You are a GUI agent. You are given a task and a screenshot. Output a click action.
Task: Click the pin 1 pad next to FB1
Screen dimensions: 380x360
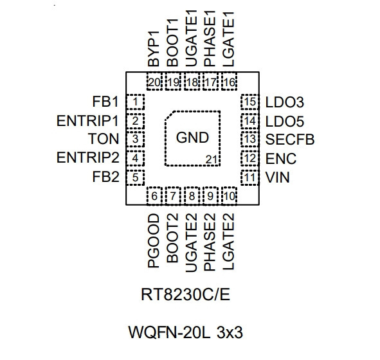pos(136,102)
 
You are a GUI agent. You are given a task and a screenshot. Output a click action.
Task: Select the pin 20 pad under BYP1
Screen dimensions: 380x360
pos(154,82)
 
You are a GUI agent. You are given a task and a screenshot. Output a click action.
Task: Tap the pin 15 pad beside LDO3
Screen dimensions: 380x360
pos(250,102)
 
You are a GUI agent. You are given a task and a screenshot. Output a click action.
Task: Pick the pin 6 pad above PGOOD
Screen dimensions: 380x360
pos(154,195)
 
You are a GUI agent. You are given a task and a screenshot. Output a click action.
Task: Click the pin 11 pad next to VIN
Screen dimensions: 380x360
pos(250,177)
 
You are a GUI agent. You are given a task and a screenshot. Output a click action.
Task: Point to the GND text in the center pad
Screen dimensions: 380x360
pos(192,138)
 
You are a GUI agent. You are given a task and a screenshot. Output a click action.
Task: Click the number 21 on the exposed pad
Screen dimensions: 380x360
pos(211,159)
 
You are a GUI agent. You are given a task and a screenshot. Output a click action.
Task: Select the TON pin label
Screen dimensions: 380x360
pos(104,139)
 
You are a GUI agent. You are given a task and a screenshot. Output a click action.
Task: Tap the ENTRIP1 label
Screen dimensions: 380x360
pos(87,120)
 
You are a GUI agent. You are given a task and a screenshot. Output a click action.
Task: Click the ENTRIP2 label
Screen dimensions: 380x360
pos(87,157)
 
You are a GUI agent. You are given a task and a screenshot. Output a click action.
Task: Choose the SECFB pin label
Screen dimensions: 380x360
pos(290,139)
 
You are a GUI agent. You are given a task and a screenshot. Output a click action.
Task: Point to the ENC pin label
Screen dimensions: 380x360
pos(281,158)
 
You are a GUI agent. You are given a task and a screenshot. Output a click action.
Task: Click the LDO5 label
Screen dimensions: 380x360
pos(284,121)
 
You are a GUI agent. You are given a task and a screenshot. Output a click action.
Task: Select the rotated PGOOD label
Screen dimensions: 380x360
pos(154,241)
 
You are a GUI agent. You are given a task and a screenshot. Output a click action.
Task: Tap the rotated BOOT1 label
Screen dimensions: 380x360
pos(172,42)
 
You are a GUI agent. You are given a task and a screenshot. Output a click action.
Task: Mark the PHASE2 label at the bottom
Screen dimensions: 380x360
pos(210,242)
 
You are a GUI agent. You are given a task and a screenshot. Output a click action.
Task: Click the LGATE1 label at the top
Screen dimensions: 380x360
pos(228,39)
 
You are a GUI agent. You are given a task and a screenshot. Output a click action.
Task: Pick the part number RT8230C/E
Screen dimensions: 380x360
pos(185,294)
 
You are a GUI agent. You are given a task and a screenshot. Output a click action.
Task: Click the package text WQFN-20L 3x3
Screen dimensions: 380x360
pos(185,332)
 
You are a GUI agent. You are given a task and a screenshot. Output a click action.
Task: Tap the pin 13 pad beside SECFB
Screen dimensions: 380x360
pos(250,139)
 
